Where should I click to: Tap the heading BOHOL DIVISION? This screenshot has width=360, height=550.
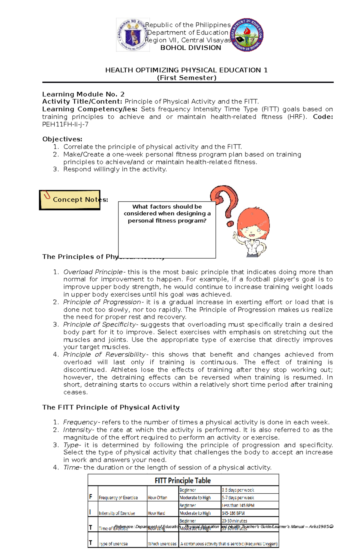[190, 48]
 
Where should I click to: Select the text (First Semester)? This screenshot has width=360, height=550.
[187, 78]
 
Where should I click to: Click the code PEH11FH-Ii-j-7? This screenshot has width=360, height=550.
[65, 124]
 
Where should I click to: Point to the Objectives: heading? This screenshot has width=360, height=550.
[62, 139]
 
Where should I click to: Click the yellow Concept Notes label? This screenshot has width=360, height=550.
[70, 200]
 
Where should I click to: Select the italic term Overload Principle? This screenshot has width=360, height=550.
[93, 272]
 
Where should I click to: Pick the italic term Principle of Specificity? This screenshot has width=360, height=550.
[100, 325]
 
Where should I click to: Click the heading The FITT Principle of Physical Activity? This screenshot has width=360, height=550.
[111, 407]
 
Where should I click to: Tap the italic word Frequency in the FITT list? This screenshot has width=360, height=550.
[80, 422]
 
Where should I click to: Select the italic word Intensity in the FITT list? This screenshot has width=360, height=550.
[77, 430]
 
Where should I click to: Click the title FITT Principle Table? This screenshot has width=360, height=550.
[182, 480]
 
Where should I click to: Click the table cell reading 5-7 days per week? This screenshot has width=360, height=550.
[238, 498]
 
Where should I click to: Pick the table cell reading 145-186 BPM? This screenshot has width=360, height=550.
[233, 513]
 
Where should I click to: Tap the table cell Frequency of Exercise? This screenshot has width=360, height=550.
[118, 498]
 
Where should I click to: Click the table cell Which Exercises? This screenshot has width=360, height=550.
[162, 544]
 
